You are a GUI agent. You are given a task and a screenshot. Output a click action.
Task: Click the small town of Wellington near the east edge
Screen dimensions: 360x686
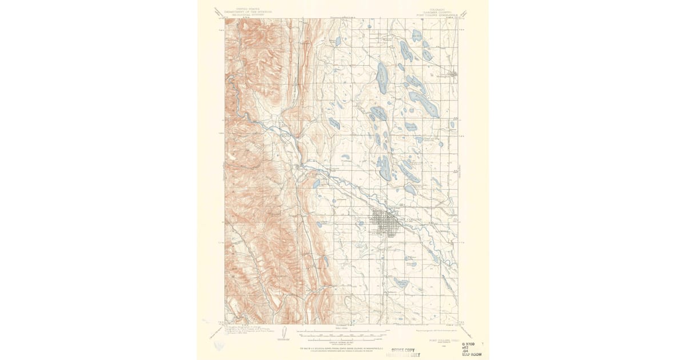(x=453, y=73)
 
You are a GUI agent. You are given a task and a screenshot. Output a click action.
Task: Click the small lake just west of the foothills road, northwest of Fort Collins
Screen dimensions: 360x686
(x=316, y=184)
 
